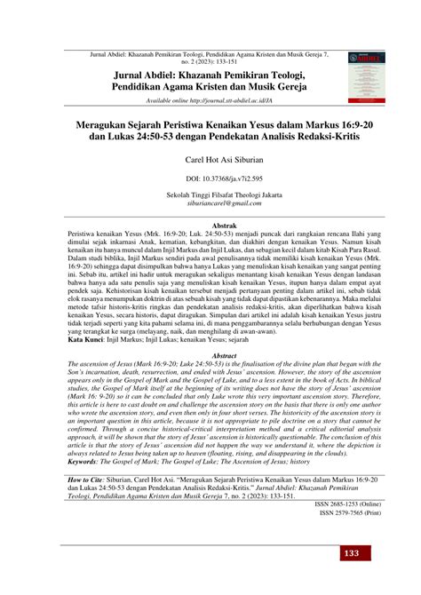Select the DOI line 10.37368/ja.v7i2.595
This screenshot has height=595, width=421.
click(x=210, y=178)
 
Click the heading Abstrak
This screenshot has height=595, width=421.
click(x=210, y=226)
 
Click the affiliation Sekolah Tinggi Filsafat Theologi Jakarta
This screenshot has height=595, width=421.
click(x=210, y=195)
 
